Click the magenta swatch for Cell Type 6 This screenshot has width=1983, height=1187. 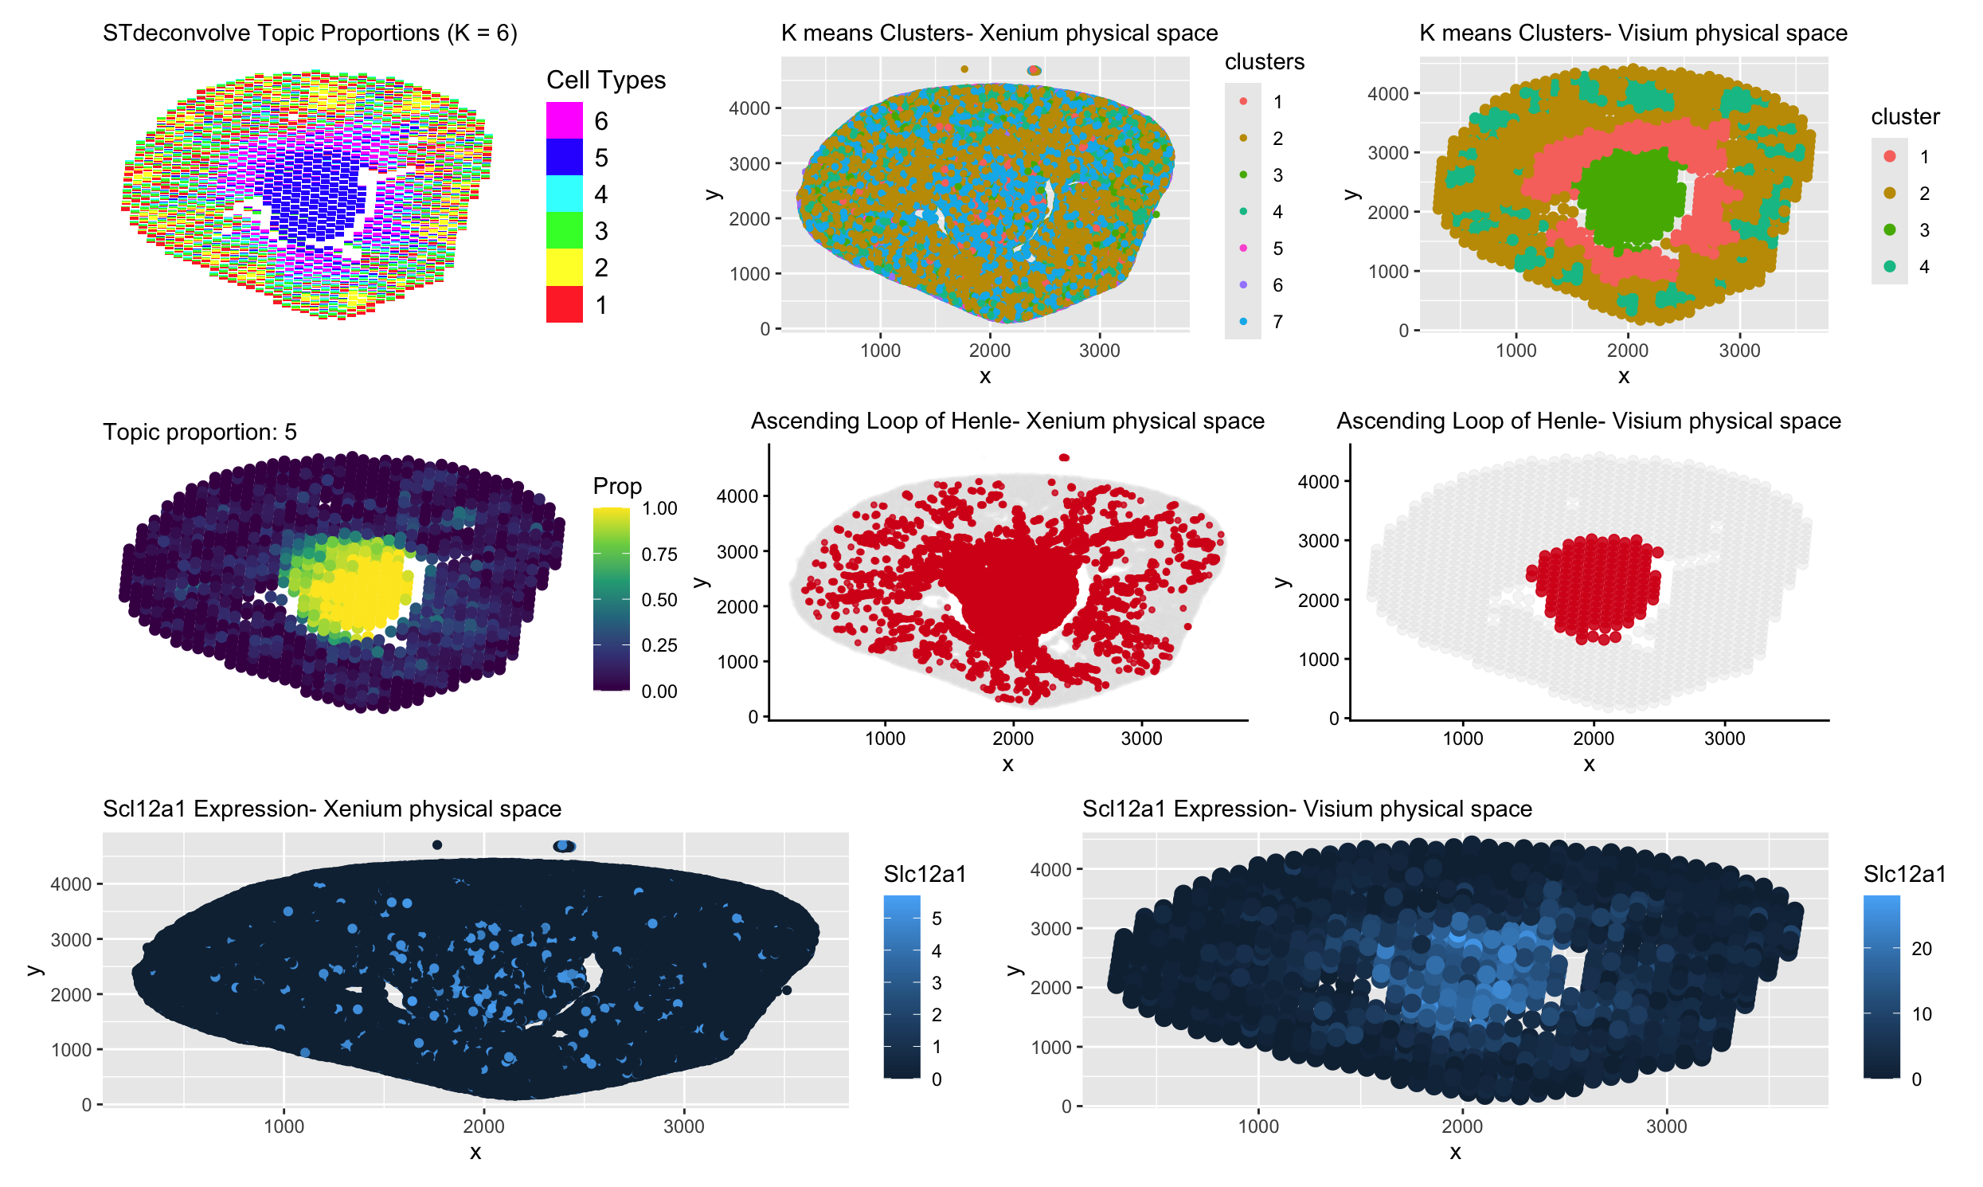tap(564, 121)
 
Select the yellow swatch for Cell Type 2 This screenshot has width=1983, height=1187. tap(564, 267)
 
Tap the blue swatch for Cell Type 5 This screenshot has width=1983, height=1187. tap(564, 158)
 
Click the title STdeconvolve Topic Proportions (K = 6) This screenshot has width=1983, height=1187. tap(310, 33)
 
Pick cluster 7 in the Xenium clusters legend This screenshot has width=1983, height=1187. tap(1242, 322)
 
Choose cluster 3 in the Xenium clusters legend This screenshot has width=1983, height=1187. tap(1242, 174)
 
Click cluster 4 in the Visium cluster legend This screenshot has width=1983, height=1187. tap(1889, 266)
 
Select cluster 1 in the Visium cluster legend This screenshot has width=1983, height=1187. tap(1889, 157)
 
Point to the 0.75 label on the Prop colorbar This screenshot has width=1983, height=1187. tap(659, 554)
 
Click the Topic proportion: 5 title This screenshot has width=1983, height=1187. tap(199, 432)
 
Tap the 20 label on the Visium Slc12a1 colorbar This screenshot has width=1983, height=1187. tap(1921, 950)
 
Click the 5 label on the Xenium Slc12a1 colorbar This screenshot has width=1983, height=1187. tap(937, 919)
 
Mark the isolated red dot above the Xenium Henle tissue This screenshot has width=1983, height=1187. tap(1063, 457)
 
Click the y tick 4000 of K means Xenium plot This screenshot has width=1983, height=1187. tap(749, 108)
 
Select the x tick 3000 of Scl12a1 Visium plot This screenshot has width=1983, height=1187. tap(1665, 1126)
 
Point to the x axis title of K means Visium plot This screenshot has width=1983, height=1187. tap(1623, 376)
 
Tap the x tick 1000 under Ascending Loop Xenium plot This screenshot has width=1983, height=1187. tap(884, 738)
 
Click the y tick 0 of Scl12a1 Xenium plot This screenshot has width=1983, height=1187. tap(86, 1105)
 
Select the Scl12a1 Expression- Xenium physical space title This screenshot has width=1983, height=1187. tap(332, 809)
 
